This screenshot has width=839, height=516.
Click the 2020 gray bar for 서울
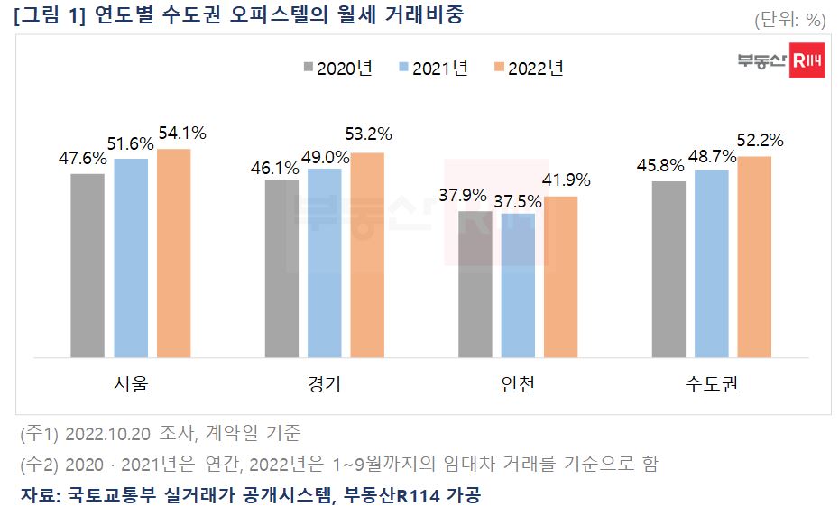[x=88, y=265]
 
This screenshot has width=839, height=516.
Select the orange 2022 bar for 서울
[x=173, y=253]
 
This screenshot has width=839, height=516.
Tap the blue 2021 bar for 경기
[x=325, y=263]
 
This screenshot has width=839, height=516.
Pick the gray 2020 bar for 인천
[x=475, y=284]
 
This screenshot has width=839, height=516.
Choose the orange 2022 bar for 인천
[x=561, y=276]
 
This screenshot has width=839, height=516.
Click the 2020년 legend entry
[x=337, y=69]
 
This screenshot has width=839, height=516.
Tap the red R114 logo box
[x=807, y=60]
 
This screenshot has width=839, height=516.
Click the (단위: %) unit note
[x=789, y=20]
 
